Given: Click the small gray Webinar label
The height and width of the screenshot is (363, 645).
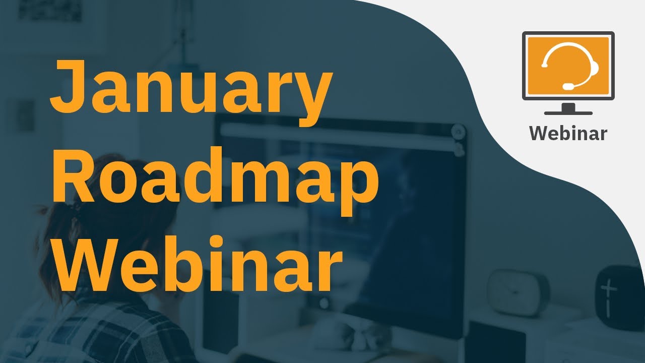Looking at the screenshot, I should [x=568, y=133].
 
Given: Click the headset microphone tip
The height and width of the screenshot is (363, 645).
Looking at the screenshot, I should [x=567, y=86].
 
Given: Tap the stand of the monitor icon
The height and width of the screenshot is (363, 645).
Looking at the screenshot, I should [x=568, y=109].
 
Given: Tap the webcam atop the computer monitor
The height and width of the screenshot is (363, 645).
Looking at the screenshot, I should [x=458, y=132].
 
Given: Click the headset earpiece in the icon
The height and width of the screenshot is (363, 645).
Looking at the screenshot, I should [x=594, y=67].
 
